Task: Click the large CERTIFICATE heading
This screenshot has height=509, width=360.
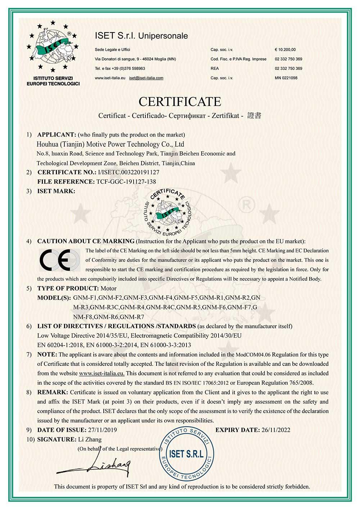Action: pyautogui.click(x=180, y=102)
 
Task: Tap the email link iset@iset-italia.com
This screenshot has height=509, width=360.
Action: pyautogui.click(x=146, y=78)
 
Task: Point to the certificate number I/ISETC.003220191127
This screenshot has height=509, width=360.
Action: pyautogui.click(x=129, y=172)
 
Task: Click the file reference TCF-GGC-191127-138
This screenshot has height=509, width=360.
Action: pyautogui.click(x=126, y=182)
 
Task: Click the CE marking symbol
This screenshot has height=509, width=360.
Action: pyautogui.click(x=59, y=259)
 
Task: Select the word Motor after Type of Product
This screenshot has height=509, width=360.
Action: pyautogui.click(x=108, y=289)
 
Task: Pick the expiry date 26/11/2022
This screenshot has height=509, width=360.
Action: pyautogui.click(x=276, y=430)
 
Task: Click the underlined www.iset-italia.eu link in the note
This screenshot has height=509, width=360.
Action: pyautogui.click(x=102, y=373)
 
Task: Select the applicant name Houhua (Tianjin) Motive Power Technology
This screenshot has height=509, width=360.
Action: pyautogui.click(x=111, y=144)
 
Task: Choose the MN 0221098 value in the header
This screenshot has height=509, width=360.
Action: pyautogui.click(x=286, y=78)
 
